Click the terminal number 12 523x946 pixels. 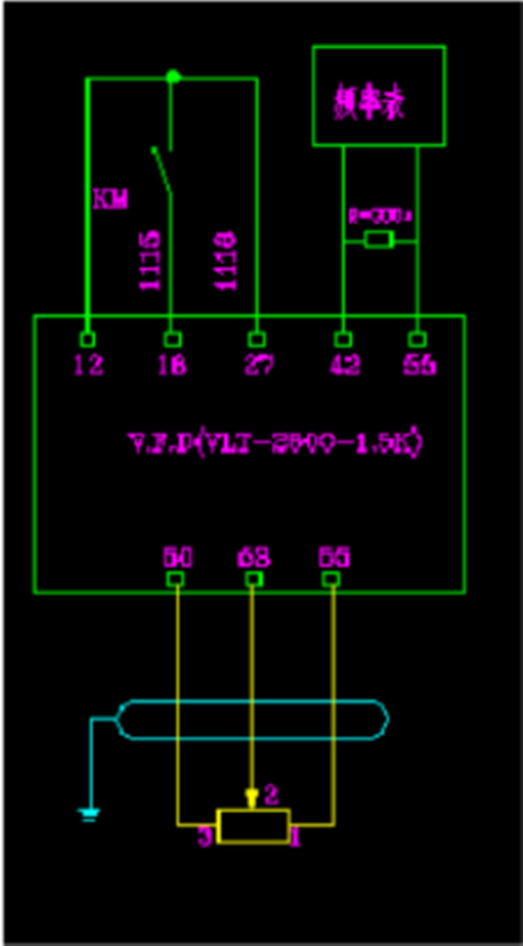click(x=88, y=366)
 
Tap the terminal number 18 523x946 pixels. click(x=172, y=366)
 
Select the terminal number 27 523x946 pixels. click(x=257, y=366)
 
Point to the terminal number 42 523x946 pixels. click(x=344, y=366)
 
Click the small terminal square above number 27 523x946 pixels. click(x=257, y=339)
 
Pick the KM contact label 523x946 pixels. click(x=110, y=200)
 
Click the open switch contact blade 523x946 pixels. click(x=163, y=170)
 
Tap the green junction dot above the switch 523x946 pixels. click(x=172, y=77)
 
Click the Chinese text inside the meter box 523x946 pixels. click(x=369, y=104)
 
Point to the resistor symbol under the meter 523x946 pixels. click(x=378, y=240)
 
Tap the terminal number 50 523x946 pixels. click(x=177, y=557)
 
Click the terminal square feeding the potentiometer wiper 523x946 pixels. click(x=253, y=579)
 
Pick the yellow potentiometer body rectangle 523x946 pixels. click(x=253, y=826)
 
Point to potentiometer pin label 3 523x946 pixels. click(x=205, y=838)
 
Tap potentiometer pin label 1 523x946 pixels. click(x=296, y=838)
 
